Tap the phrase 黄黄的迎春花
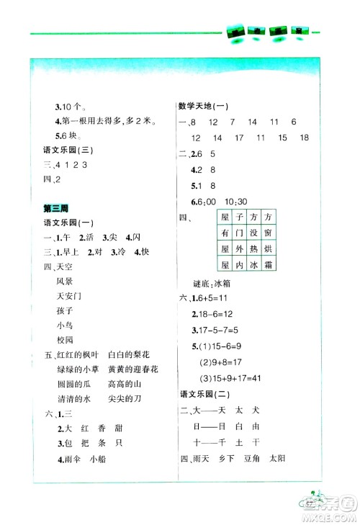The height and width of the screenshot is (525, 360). pyautogui.click(x=132, y=369)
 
